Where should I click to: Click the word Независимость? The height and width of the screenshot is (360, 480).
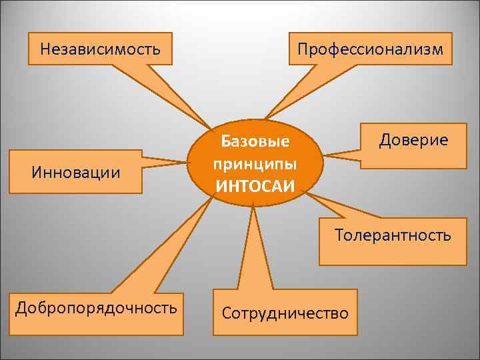coord(100,49)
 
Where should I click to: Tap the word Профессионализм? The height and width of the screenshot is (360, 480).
coord(370,49)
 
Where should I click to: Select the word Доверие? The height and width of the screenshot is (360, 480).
coord(413,140)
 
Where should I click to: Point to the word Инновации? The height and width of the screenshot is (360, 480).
coord(76,173)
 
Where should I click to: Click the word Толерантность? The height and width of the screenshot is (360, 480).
coord(393,235)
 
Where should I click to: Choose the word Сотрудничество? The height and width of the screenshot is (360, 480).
coord(285,313)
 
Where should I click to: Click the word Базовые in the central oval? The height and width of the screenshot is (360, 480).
coord(255,142)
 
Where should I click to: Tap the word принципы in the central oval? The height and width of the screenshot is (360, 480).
coord(255,163)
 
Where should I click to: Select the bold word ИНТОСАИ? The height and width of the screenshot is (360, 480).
coord(255,184)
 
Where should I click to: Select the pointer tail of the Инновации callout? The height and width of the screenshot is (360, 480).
coord(163,161)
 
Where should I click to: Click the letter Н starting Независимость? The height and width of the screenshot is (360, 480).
coord(45,49)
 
